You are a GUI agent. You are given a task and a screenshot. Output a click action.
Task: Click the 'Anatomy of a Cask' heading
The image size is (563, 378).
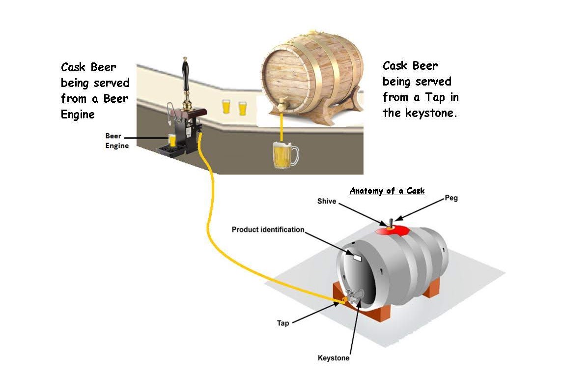click(x=387, y=191)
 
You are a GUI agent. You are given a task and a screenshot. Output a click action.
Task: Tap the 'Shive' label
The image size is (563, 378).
click(x=327, y=202)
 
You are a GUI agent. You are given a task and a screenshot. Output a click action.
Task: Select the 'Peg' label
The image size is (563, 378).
click(x=451, y=198)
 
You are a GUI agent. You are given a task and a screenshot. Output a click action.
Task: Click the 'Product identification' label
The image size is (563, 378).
click(x=268, y=230)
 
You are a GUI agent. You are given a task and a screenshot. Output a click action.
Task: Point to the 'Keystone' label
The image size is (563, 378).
click(x=334, y=358)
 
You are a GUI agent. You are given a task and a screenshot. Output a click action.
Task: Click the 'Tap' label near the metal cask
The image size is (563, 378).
click(x=283, y=323)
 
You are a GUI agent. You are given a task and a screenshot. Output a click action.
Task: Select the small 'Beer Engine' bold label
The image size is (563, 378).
click(x=117, y=141)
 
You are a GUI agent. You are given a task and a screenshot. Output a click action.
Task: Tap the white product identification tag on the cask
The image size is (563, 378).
click(x=356, y=257)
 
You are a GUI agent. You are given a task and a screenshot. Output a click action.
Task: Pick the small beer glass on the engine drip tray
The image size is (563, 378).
click(x=172, y=140)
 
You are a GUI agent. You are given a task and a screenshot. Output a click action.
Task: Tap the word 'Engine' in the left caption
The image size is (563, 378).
click(x=78, y=114)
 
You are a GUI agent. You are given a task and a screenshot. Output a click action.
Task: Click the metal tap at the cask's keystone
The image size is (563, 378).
click(x=355, y=294)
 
